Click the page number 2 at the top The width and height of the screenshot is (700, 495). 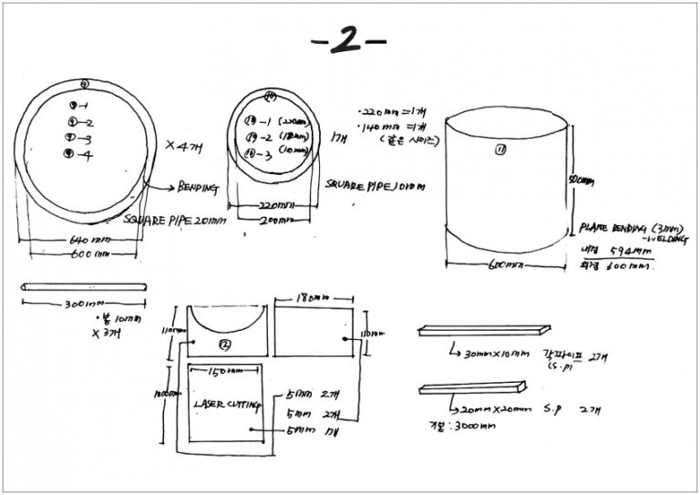(x=348, y=41)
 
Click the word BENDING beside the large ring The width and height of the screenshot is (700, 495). (x=199, y=189)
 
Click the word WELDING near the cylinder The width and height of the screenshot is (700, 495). (x=648, y=240)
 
